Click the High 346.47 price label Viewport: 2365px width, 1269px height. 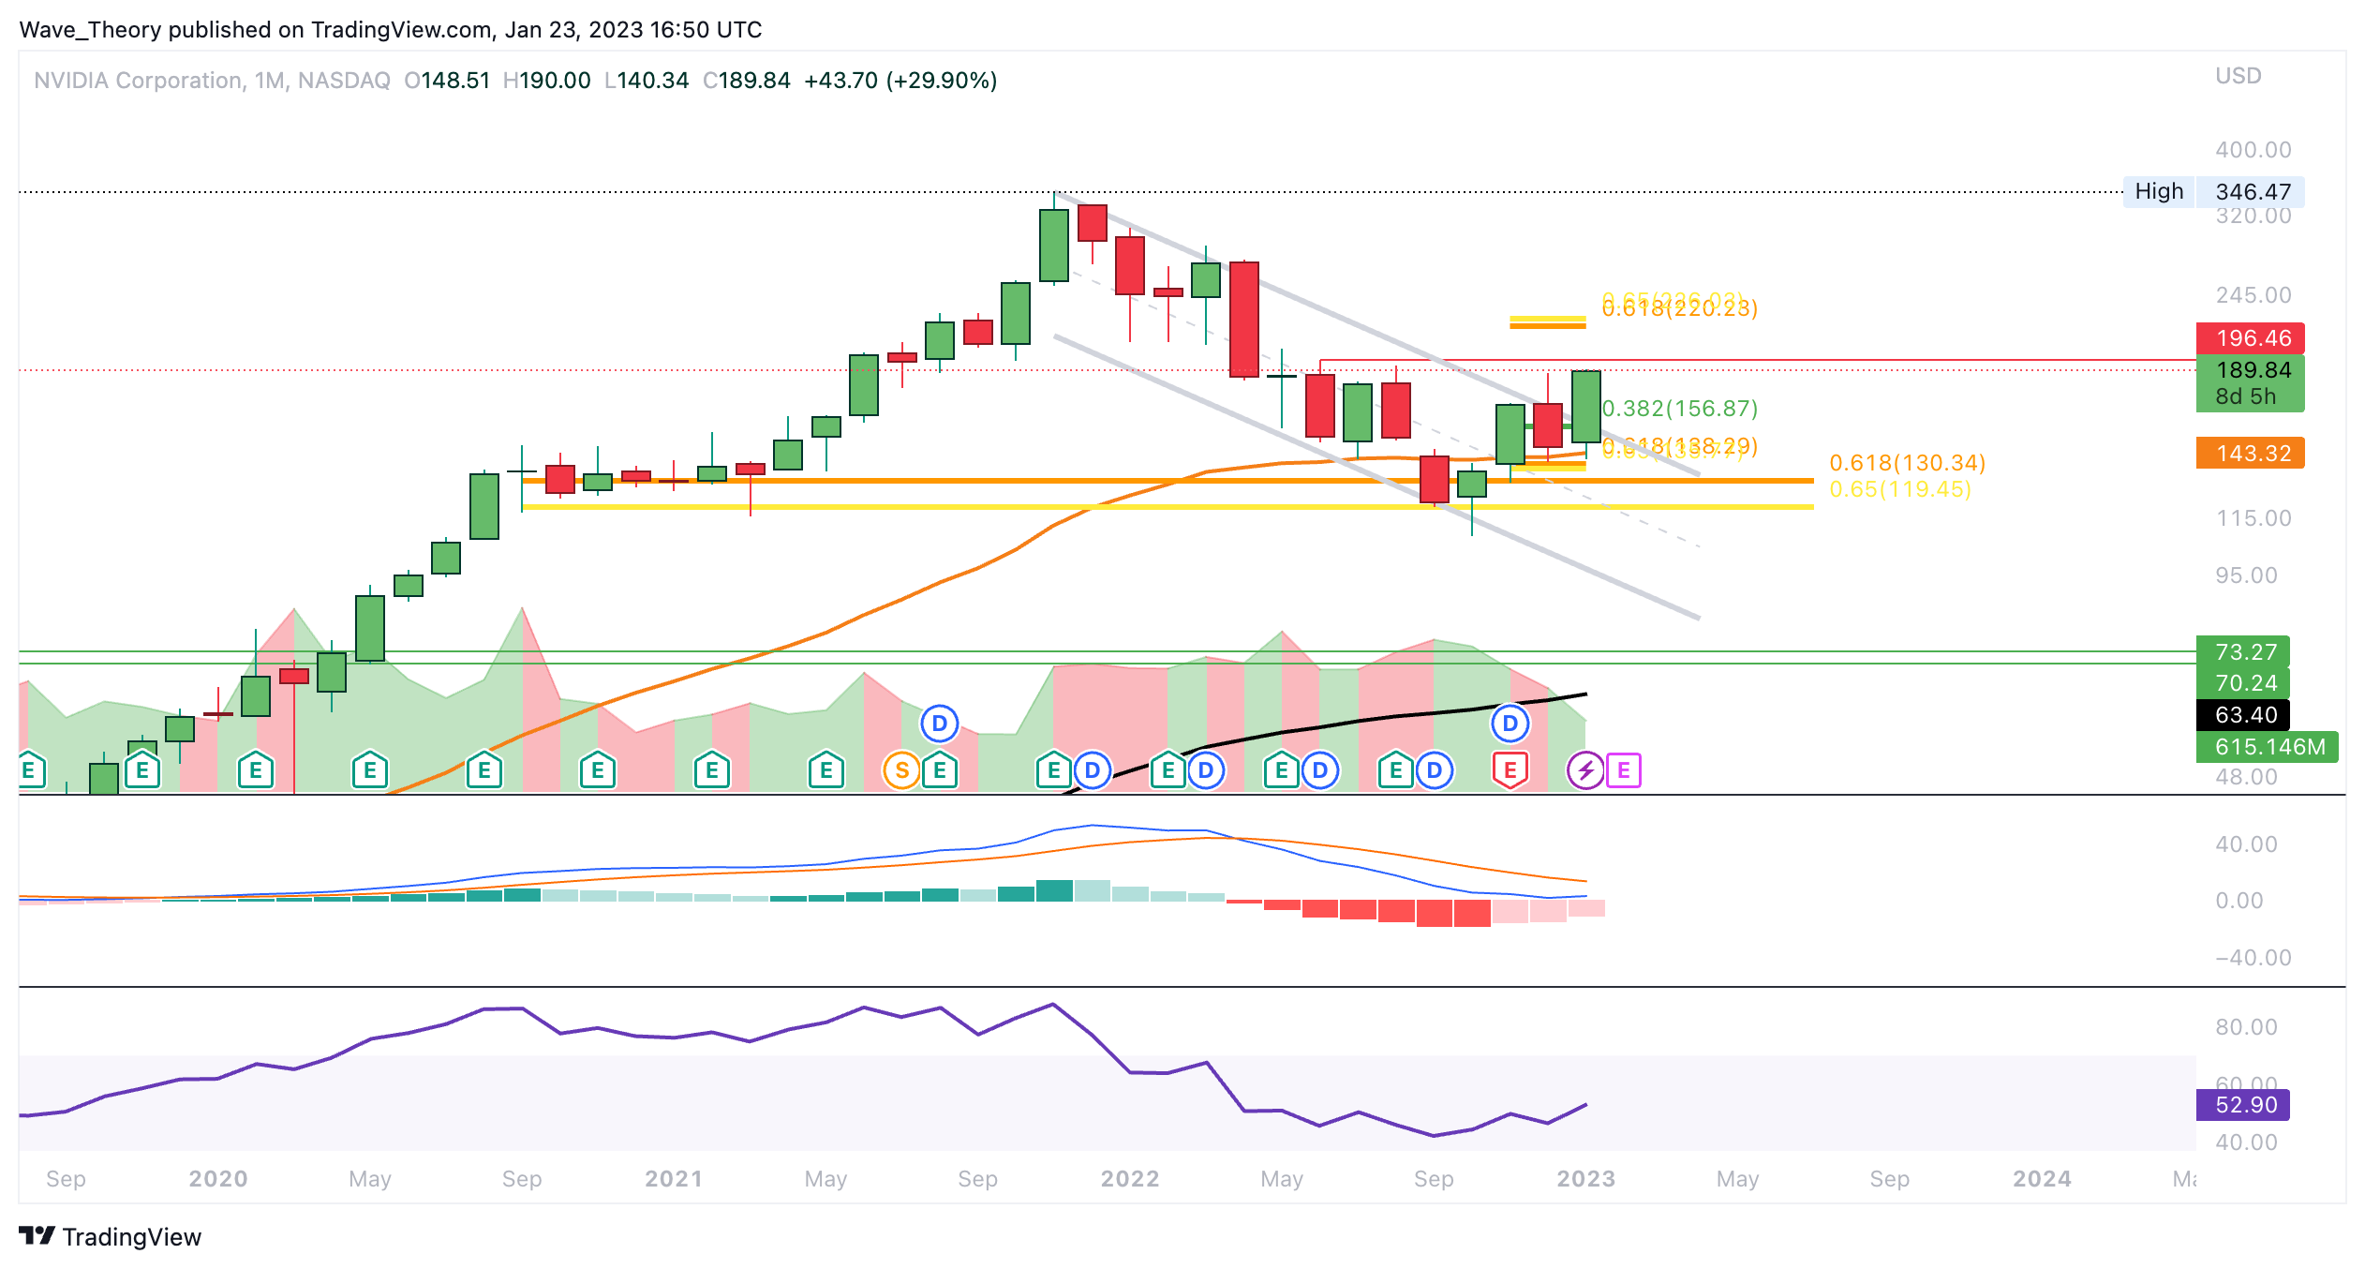click(2213, 192)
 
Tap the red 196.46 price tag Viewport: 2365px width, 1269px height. click(2250, 338)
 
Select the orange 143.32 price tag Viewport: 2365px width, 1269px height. click(2250, 454)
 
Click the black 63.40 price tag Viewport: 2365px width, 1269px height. click(2243, 715)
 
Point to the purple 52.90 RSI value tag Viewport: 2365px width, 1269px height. click(2243, 1105)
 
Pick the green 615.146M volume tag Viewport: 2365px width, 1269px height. click(2267, 747)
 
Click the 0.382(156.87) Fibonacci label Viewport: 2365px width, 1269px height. click(1680, 409)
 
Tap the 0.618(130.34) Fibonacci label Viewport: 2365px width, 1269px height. click(1907, 463)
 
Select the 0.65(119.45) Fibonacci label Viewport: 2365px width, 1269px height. click(1900, 489)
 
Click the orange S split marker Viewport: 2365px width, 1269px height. click(901, 770)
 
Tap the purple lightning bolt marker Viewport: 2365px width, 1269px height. click(1585, 770)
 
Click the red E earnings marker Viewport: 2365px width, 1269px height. click(1510, 770)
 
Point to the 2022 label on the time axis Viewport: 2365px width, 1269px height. click(1130, 1179)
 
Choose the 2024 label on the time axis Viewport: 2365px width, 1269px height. click(2042, 1179)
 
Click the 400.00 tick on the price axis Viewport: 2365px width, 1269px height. click(2253, 150)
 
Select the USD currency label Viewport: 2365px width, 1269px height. click(2238, 76)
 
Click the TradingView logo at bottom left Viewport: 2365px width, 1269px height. click(110, 1237)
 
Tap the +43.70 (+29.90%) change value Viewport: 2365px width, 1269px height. click(900, 81)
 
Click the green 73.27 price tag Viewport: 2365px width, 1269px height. click(2243, 652)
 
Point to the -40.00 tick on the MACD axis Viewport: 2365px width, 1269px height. click(2253, 958)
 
